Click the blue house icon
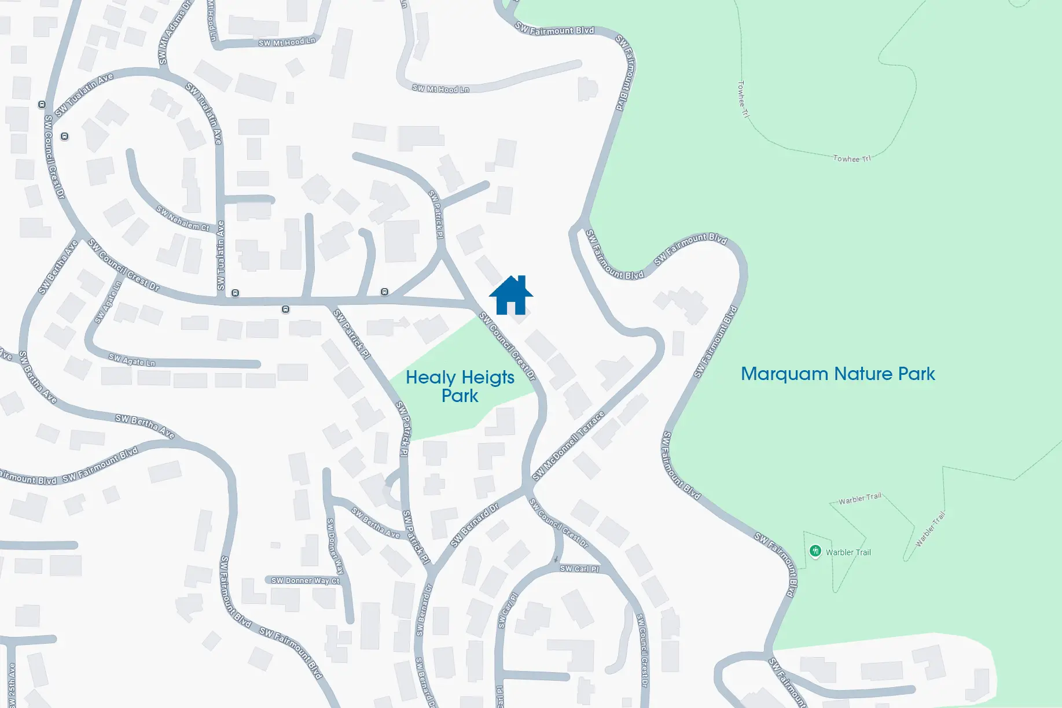(510, 296)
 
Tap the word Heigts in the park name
(488, 378)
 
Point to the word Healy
(431, 378)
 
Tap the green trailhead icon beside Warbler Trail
(815, 551)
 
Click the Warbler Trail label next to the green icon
(848, 552)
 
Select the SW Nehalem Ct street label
(183, 219)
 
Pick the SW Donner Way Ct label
(305, 580)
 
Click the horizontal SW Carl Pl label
(579, 569)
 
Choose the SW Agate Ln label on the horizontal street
(132, 360)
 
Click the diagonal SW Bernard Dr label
(475, 525)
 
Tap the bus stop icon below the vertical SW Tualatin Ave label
(235, 293)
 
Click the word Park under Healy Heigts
(460, 396)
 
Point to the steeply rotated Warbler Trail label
(930, 529)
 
